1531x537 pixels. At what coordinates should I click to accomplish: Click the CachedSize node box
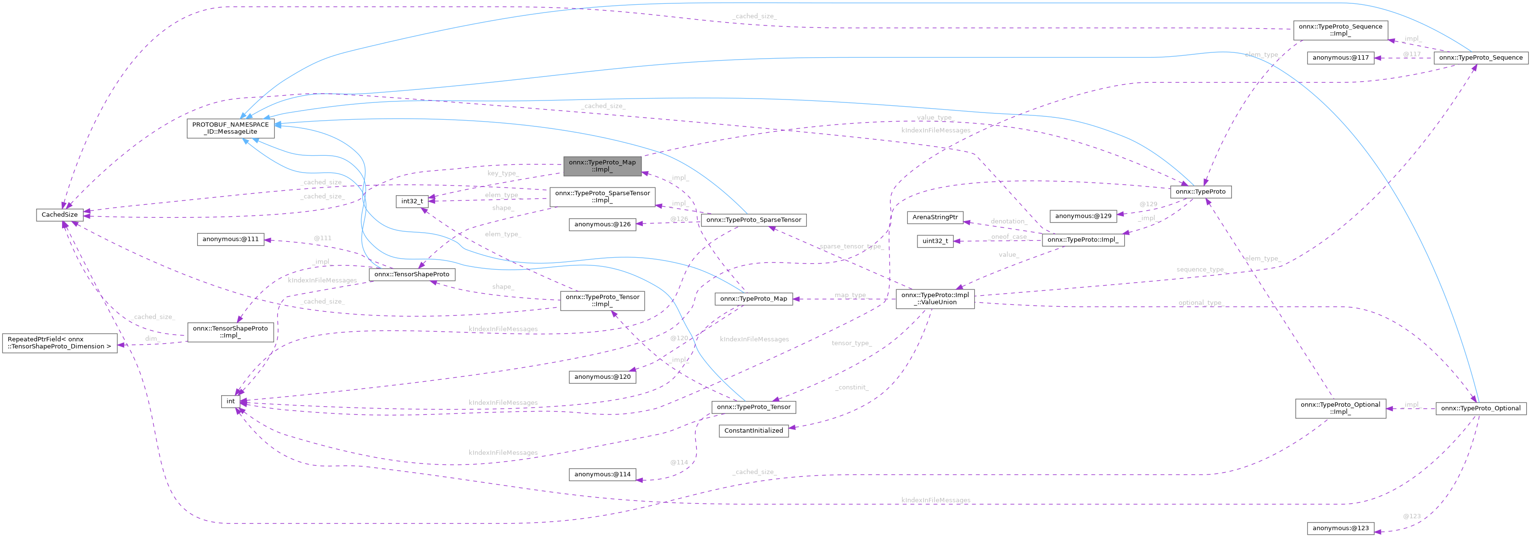[x=60, y=214]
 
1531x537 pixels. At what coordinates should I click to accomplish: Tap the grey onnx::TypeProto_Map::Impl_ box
[x=602, y=166]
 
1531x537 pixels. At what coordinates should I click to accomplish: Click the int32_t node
[x=412, y=201]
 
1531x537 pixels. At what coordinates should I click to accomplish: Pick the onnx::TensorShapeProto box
[x=412, y=275]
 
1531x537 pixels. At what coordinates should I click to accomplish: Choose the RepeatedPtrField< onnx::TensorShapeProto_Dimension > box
[x=60, y=343]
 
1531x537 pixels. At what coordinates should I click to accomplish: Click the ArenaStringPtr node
[x=935, y=217]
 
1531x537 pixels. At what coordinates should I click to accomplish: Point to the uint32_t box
[x=935, y=241]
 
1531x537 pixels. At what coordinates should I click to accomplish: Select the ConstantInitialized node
[x=753, y=431]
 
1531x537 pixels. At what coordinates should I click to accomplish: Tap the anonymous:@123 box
[x=1340, y=528]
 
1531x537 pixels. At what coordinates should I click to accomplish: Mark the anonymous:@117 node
[x=1340, y=58]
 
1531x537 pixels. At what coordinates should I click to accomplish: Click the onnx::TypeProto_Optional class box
[x=1481, y=408]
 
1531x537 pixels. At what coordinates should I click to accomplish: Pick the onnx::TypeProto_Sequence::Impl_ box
[x=1340, y=30]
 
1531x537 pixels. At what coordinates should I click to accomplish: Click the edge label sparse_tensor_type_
[x=851, y=247]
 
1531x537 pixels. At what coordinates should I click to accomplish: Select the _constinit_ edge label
[x=852, y=387]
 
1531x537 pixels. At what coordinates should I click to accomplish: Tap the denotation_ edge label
[x=1009, y=221]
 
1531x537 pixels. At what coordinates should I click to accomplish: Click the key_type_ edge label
[x=502, y=174]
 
